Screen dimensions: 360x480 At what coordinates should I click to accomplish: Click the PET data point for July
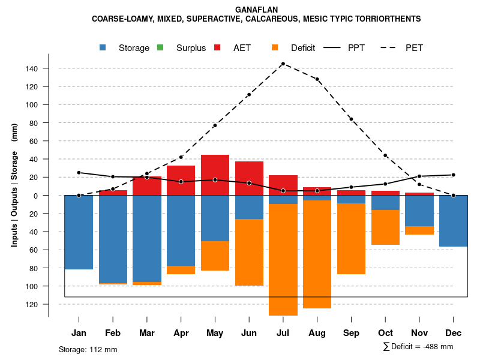(x=283, y=64)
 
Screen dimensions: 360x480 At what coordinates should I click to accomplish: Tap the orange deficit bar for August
(x=317, y=254)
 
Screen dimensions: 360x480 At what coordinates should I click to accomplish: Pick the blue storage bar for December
(x=453, y=221)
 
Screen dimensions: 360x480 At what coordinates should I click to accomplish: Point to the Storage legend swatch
(x=103, y=48)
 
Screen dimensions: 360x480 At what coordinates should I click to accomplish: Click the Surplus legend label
(x=191, y=48)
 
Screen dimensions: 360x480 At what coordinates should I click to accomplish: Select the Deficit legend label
(x=303, y=48)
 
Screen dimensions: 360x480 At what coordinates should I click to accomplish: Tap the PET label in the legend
(x=414, y=48)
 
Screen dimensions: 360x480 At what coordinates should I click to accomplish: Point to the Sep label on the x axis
(x=351, y=333)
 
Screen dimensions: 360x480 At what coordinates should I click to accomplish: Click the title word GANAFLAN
(x=256, y=10)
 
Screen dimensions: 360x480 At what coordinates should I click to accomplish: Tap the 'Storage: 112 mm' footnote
(x=88, y=349)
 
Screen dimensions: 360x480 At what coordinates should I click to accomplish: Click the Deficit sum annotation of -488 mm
(x=418, y=346)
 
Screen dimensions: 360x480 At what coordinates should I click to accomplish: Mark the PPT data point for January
(x=79, y=173)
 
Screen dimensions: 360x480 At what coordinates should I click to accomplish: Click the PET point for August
(x=317, y=79)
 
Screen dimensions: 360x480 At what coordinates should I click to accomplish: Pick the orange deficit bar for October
(x=385, y=227)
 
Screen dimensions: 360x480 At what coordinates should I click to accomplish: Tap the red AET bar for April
(x=181, y=180)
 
